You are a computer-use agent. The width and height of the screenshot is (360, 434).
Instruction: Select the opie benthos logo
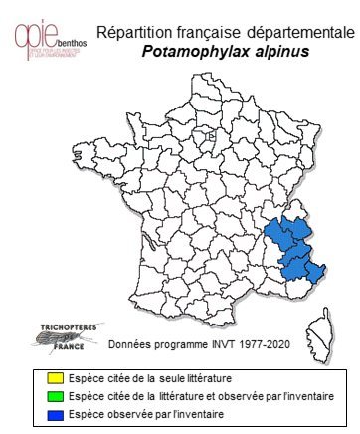point(51,34)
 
